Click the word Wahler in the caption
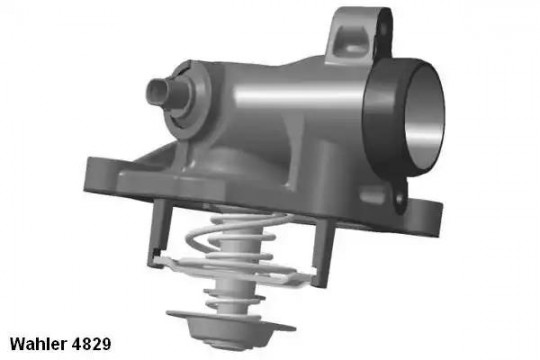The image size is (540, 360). (39, 343)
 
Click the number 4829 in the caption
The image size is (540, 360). (92, 343)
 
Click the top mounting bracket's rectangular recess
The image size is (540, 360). (352, 39)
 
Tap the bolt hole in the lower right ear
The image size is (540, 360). (400, 200)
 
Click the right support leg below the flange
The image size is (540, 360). (323, 251)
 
